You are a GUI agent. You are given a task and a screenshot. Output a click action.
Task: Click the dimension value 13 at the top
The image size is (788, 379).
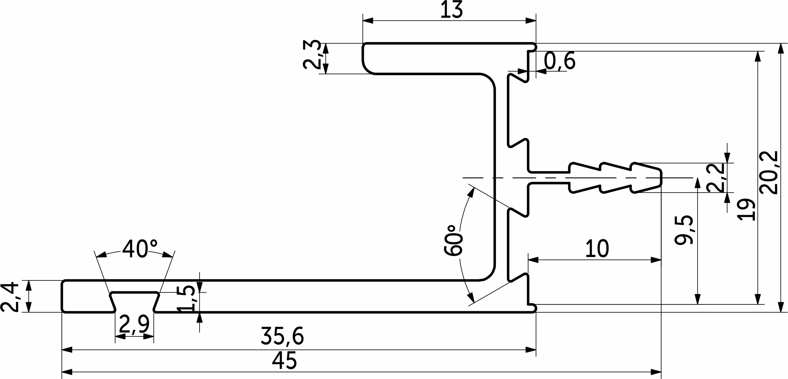[x=452, y=11]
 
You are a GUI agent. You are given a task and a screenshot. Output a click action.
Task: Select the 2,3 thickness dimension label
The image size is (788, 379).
[x=312, y=55]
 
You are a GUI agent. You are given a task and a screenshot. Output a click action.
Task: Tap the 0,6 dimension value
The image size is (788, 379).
[x=560, y=61]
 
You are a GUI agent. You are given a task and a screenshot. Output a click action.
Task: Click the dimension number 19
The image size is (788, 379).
[x=746, y=210]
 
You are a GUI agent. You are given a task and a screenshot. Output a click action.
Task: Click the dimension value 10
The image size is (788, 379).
[x=597, y=249]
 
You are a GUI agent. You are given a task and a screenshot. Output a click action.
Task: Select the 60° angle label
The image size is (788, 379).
[x=453, y=241]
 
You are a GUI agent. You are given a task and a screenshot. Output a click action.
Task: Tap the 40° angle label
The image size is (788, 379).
[x=140, y=249]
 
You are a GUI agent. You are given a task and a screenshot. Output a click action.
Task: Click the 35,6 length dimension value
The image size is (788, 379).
[x=282, y=336]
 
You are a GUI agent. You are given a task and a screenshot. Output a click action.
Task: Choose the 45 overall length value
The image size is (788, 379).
[x=284, y=361]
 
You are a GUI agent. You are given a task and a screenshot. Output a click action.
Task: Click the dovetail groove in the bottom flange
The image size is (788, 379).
[x=134, y=302]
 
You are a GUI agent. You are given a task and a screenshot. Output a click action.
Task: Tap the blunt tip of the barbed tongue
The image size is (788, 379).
[x=661, y=177]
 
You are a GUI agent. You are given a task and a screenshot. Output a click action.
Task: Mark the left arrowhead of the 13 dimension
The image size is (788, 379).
[x=368, y=21]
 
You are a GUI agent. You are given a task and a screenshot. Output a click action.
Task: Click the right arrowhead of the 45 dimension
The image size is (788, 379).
[x=656, y=372]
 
